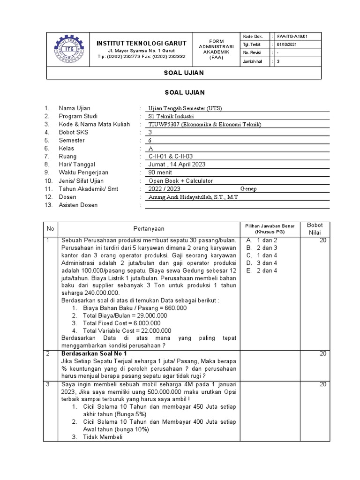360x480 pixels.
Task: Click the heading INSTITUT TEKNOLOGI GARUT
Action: pyautogui.click(x=141, y=43)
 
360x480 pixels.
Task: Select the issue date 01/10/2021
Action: pyautogui.click(x=287, y=45)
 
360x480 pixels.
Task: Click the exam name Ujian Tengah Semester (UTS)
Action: pyautogui.click(x=185, y=108)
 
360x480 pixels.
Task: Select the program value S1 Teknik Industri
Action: pyautogui.click(x=170, y=116)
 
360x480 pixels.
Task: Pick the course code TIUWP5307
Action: pyautogui.click(x=164, y=124)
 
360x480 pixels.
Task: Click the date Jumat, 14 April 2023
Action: pyautogui.click(x=177, y=165)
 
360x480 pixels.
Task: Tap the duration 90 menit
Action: pyautogui.click(x=160, y=172)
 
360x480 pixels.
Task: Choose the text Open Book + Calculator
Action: pyautogui.click(x=180, y=180)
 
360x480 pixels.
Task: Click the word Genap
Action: pyautogui.click(x=248, y=188)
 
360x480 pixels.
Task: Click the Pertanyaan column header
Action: pyautogui.click(x=149, y=228)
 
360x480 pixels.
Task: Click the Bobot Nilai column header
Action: pyautogui.click(x=315, y=229)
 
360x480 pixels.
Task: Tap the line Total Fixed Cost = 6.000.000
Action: pyautogui.click(x=121, y=323)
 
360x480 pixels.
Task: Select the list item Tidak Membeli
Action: pyautogui.click(x=103, y=437)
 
